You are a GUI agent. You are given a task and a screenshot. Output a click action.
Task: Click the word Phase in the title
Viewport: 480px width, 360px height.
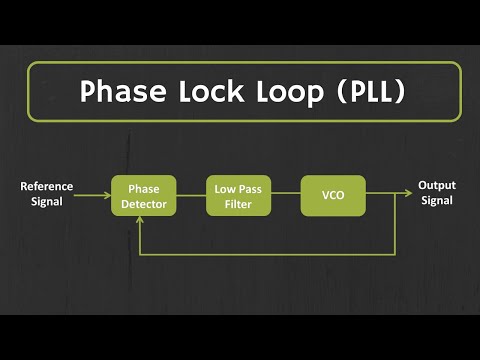click(123, 92)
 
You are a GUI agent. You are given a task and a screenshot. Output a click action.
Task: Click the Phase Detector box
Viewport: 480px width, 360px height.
click(144, 196)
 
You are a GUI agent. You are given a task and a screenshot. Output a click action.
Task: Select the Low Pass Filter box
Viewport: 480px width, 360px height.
click(239, 196)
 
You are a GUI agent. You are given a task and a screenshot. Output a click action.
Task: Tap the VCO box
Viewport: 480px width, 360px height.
click(333, 196)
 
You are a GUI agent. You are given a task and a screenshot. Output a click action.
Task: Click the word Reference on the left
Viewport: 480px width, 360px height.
click(46, 187)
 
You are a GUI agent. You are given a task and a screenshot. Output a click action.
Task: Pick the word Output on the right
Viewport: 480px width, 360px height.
click(437, 186)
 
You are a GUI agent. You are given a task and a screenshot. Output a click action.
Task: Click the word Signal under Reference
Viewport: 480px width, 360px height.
click(46, 202)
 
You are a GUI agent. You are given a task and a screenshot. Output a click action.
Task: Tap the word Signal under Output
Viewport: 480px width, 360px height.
click(437, 201)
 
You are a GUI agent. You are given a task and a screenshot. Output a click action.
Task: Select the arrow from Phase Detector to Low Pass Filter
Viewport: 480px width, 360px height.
click(191, 196)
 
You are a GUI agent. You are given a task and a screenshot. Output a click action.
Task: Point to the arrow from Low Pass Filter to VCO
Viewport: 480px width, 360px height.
click(286, 196)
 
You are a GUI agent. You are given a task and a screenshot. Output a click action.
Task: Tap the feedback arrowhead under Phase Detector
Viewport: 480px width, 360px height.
click(144, 223)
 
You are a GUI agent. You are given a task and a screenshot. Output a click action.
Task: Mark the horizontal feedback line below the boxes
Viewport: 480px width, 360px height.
click(270, 253)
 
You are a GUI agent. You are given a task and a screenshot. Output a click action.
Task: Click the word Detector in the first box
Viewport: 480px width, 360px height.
click(144, 204)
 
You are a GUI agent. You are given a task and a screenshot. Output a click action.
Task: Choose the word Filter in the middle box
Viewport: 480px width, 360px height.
click(239, 204)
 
